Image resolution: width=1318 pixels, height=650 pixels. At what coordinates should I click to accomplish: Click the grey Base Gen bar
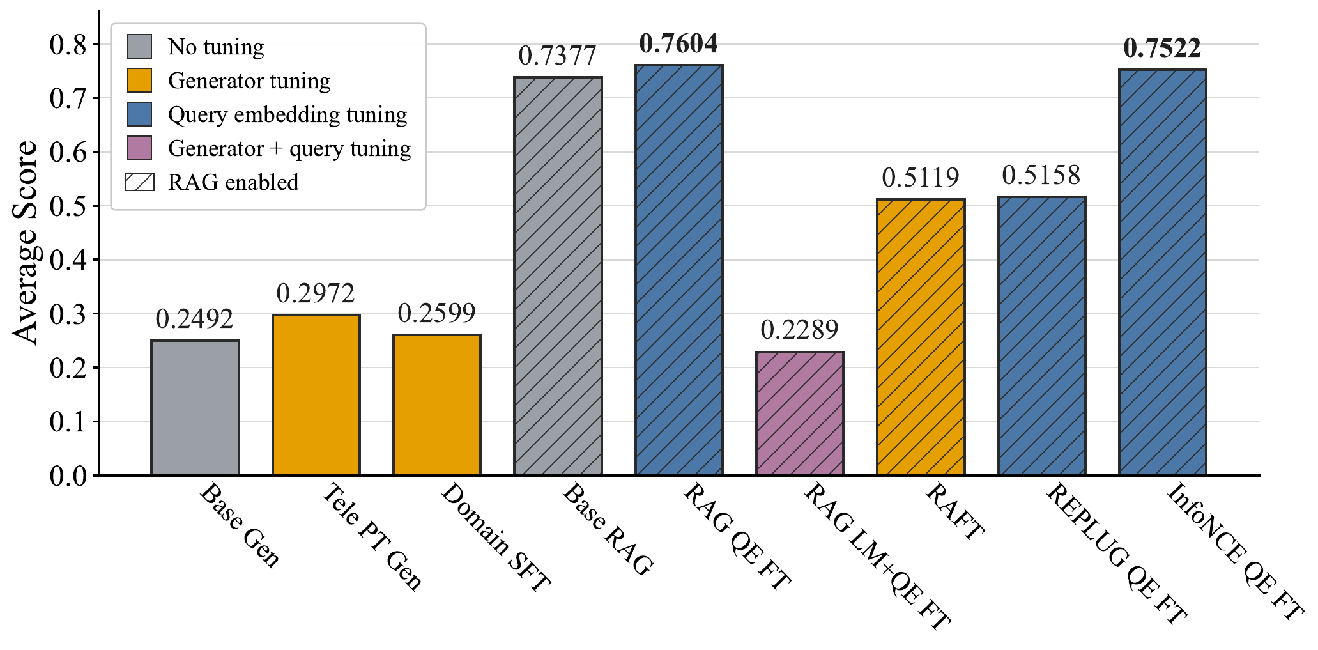pyautogui.click(x=195, y=408)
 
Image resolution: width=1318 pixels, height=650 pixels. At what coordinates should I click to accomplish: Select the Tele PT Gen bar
pyautogui.click(x=316, y=395)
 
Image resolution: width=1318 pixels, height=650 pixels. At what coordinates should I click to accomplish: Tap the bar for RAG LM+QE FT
pyautogui.click(x=800, y=414)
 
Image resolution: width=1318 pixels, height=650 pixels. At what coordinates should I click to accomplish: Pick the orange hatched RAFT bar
pyautogui.click(x=921, y=337)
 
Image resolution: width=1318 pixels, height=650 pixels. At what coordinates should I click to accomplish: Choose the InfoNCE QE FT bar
pyautogui.click(x=1163, y=272)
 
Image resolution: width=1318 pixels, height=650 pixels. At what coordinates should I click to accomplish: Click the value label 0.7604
pyautogui.click(x=678, y=43)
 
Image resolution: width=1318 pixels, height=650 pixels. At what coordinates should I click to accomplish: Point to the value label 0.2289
pyautogui.click(x=799, y=330)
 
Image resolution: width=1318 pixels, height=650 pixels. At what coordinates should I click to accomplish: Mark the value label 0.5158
pyautogui.click(x=1041, y=175)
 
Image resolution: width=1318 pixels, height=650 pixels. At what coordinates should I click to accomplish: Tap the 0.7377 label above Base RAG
pyautogui.click(x=557, y=56)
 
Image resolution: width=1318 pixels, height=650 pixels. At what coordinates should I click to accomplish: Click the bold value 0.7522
pyautogui.click(x=1162, y=48)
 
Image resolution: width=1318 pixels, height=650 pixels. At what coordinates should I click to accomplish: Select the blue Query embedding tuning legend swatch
pyautogui.click(x=139, y=114)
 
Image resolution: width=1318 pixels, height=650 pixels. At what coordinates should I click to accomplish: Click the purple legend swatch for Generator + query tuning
pyautogui.click(x=139, y=148)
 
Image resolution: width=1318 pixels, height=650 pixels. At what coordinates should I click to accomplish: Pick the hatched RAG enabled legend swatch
pyautogui.click(x=139, y=182)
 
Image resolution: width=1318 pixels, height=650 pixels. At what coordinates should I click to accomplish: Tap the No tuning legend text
pyautogui.click(x=216, y=47)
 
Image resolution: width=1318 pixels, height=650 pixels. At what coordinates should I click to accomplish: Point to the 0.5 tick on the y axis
pyautogui.click(x=68, y=206)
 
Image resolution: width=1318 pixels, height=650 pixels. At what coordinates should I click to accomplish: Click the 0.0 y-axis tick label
pyautogui.click(x=68, y=476)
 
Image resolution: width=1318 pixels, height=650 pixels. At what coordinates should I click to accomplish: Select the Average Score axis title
pyautogui.click(x=26, y=243)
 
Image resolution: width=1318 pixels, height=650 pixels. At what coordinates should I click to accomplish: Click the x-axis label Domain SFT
pyautogui.click(x=495, y=537)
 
